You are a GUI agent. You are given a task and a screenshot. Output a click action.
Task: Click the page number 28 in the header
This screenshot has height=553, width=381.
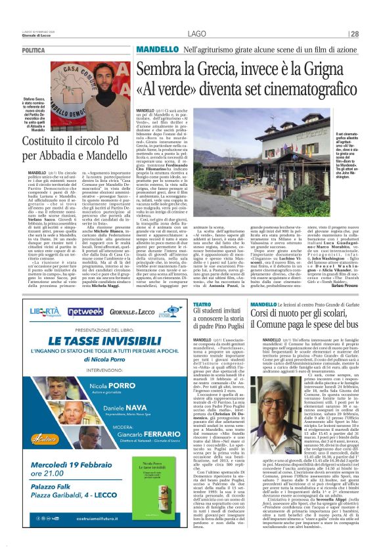coord(353,33)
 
